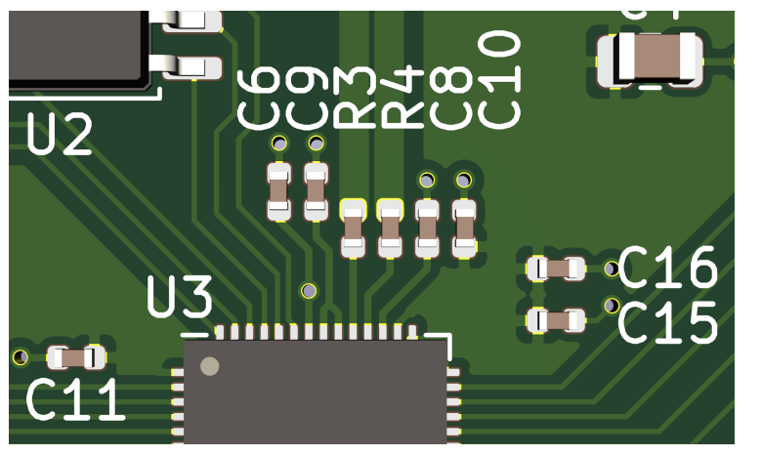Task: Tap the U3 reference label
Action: (180, 298)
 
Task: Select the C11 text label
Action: (75, 400)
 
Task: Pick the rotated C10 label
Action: (501, 80)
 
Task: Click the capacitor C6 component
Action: (279, 190)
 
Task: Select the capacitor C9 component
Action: (316, 190)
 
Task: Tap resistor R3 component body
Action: (353, 229)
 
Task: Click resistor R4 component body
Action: (390, 229)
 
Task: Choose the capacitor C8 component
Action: (427, 229)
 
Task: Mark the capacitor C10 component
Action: (464, 229)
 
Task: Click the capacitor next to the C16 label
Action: (555, 269)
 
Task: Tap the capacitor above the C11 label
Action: (76, 357)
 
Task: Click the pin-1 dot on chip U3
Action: (209, 366)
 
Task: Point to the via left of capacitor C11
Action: (21, 357)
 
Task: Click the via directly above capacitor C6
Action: (279, 145)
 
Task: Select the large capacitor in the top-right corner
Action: (651, 57)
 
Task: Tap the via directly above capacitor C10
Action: (464, 180)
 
